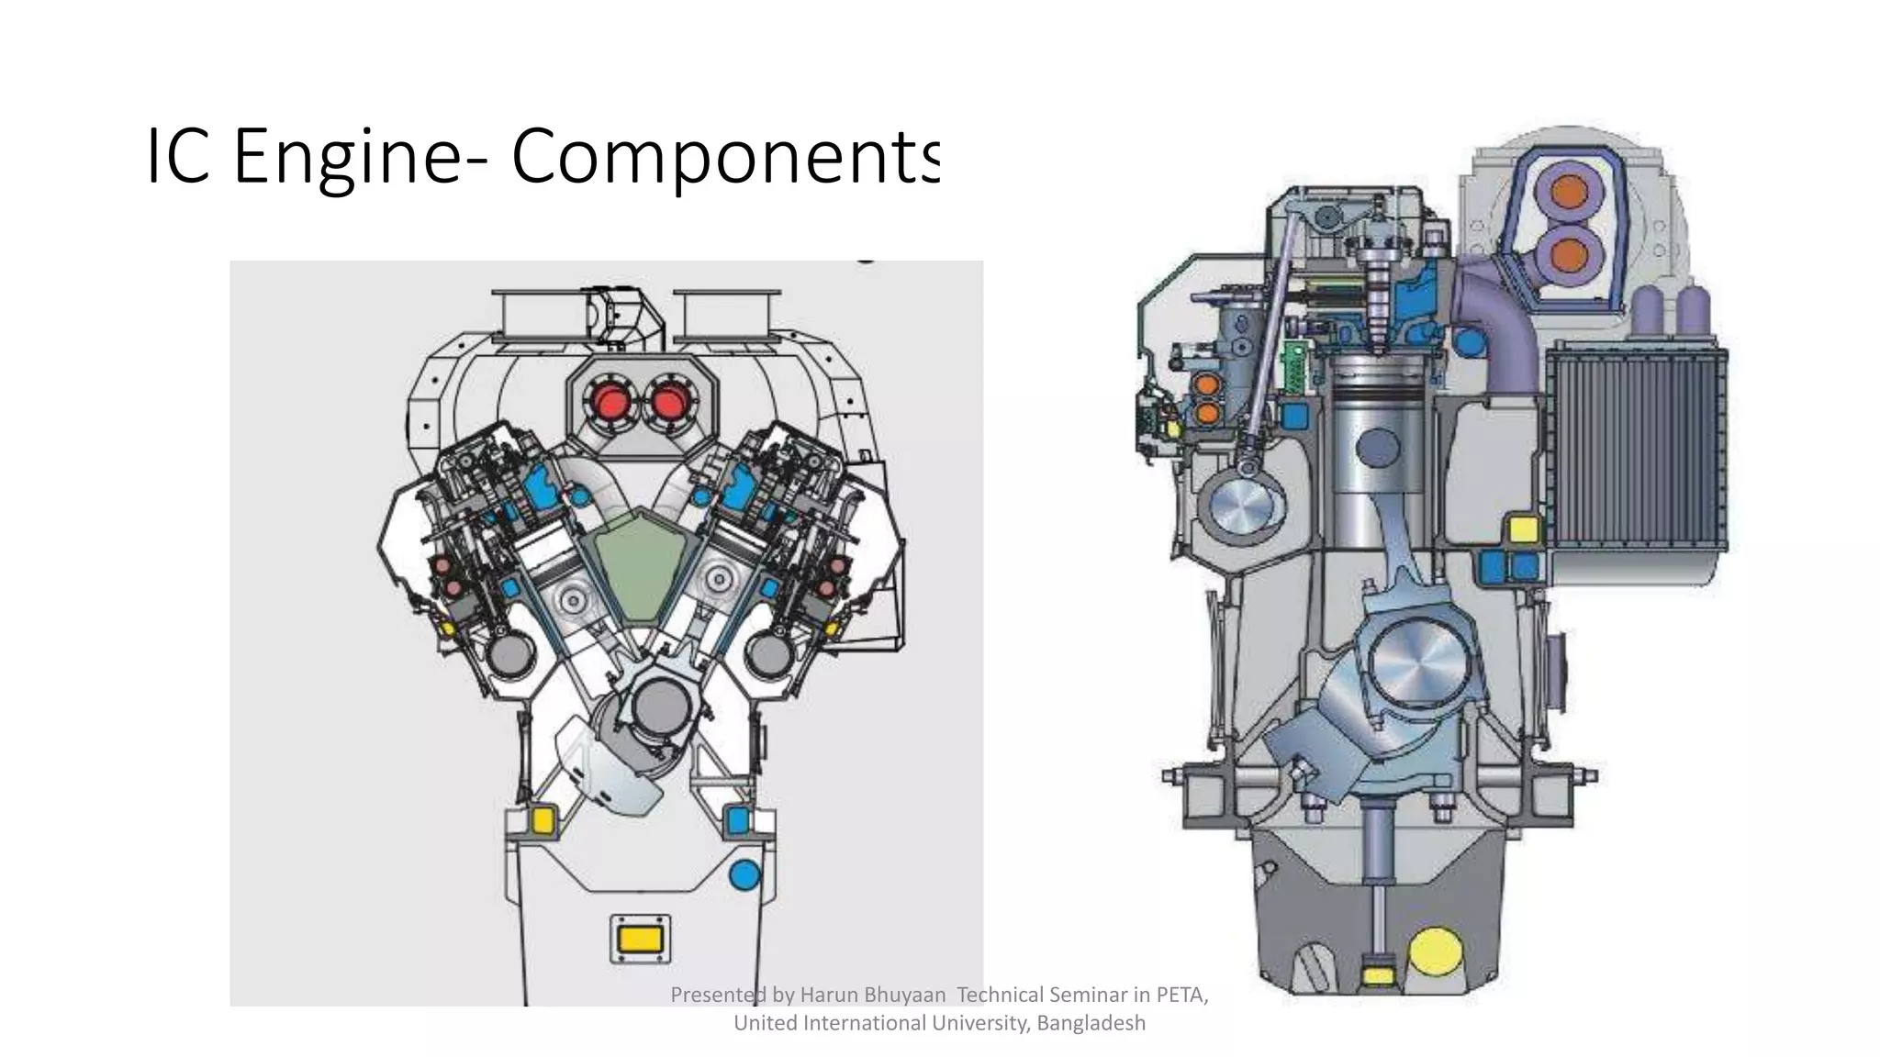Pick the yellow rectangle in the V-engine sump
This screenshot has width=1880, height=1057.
click(x=640, y=940)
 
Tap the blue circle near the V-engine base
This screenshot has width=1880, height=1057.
click(x=744, y=874)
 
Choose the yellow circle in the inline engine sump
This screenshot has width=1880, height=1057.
click(x=1434, y=954)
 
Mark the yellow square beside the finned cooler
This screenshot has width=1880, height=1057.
click(x=1523, y=530)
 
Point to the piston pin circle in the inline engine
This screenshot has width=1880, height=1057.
click(x=1379, y=449)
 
